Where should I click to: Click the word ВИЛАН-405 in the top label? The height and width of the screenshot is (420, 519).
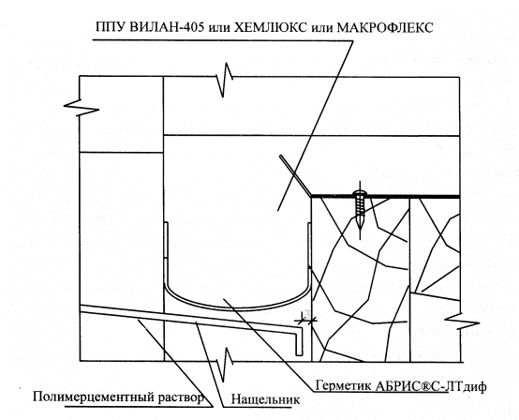tap(167, 27)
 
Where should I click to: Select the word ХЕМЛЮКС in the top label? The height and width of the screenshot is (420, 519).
tap(271, 27)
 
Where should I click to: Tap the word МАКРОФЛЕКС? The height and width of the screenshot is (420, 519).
tap(385, 27)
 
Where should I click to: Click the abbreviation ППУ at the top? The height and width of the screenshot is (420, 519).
tap(111, 27)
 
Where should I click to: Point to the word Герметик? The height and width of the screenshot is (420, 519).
tap(343, 385)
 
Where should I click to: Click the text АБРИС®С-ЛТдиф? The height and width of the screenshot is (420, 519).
tap(431, 386)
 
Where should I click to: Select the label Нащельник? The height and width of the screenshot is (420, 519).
tap(265, 399)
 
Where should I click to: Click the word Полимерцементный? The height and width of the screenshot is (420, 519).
tap(93, 397)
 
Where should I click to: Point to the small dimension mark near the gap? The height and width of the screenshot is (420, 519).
tap(305, 318)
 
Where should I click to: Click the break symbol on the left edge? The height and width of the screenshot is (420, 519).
tap(81, 107)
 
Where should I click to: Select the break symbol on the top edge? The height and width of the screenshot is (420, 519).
tap(225, 80)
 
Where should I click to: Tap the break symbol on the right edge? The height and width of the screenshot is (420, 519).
tap(461, 321)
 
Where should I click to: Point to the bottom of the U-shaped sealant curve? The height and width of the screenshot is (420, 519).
tap(237, 307)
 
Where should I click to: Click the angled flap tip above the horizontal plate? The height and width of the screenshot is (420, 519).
tap(281, 157)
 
